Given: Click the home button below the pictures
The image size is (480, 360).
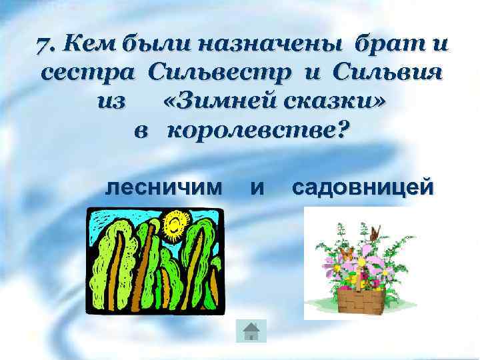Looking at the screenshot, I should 251,331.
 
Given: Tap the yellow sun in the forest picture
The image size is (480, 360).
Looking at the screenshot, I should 175,224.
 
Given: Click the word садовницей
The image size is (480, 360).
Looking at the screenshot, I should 362,188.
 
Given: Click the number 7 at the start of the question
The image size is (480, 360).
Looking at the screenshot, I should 45,47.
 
